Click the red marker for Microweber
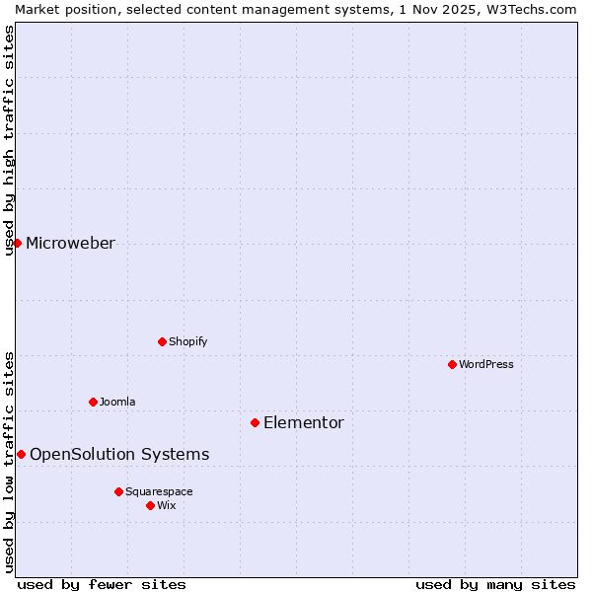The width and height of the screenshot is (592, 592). coord(17,243)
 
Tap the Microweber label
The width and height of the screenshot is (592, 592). coord(70,244)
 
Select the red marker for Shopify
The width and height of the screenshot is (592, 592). coord(162,341)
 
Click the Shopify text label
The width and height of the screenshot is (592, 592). coord(187,341)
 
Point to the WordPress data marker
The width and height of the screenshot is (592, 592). coord(452,364)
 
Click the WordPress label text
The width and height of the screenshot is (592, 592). coord(486,364)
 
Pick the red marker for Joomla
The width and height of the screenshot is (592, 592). coord(93,402)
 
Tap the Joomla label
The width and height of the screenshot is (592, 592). coord(117,402)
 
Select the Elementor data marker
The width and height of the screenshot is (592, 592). coord(255,422)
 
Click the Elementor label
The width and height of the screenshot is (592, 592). coord(304,423)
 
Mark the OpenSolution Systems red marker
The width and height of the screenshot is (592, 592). coord(21,454)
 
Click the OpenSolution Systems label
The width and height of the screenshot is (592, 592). coord(119,455)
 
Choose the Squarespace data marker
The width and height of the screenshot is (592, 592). coord(118,491)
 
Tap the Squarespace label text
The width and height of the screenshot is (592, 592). coord(159,491)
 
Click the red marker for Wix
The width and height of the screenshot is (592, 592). coord(150,505)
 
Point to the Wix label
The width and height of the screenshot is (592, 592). coord(167,505)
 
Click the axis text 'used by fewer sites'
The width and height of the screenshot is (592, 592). coord(102,584)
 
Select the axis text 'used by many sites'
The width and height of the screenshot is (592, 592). coord(495,584)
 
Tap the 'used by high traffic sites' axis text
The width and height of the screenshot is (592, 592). coord(9,140)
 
